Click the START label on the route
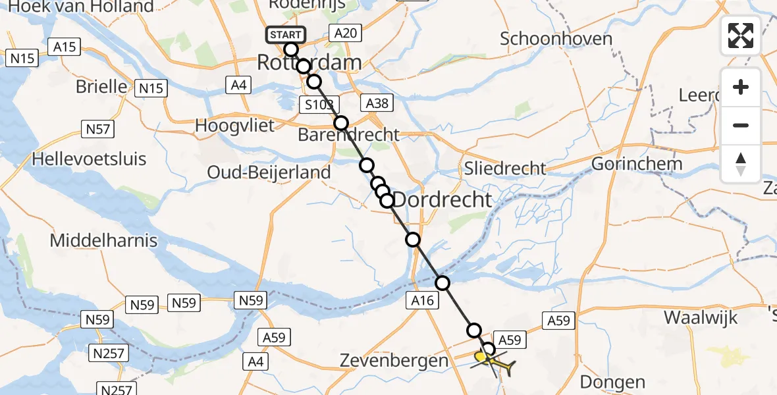(285, 34)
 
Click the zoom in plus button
(741, 88)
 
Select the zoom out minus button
(741, 125)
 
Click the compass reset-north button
(741, 163)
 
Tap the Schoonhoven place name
(556, 38)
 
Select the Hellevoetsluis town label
(89, 159)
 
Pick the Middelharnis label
(103, 240)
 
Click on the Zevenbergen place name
(394, 360)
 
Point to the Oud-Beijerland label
(269, 172)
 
